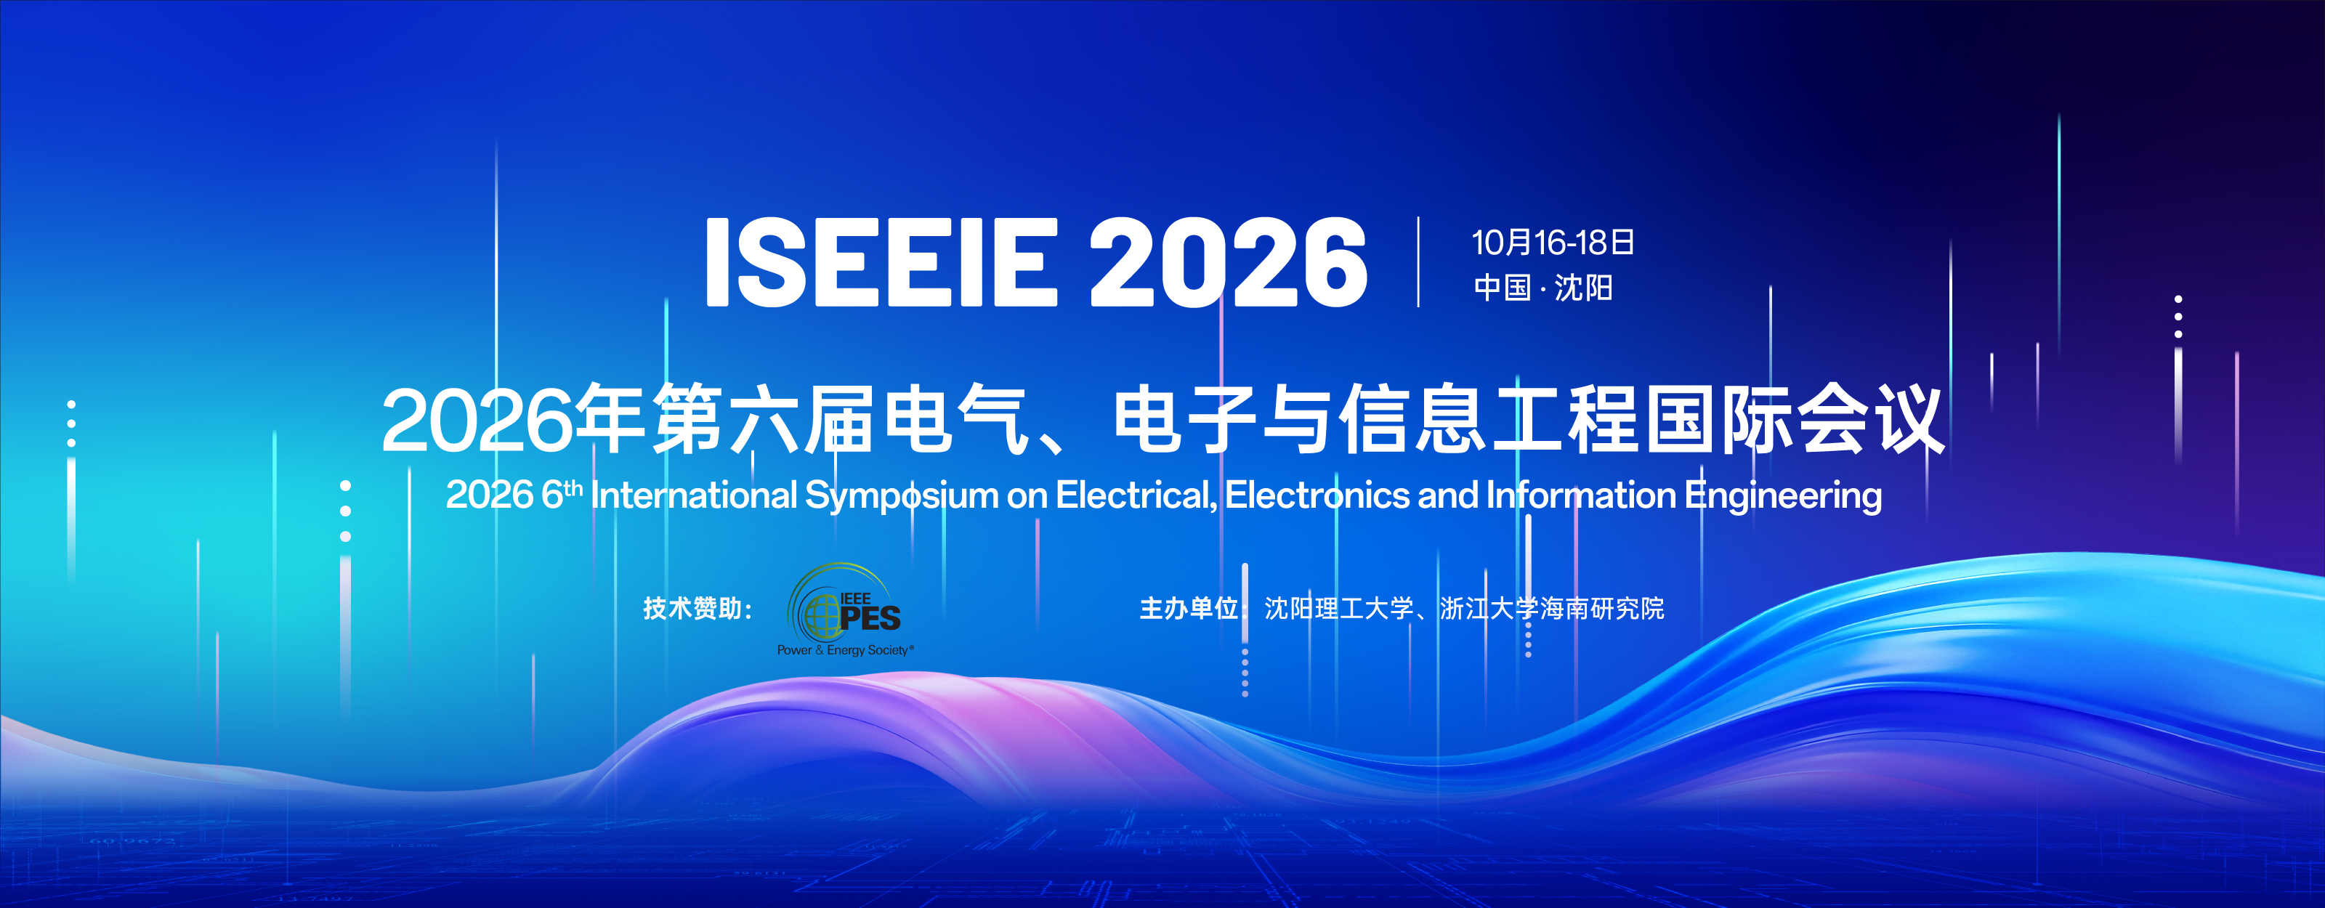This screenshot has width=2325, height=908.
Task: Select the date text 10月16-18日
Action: (1553, 242)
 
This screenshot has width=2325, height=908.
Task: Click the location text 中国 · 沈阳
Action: (1543, 288)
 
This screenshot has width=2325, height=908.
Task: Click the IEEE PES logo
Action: (845, 609)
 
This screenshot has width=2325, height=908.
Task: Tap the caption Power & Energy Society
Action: (845, 650)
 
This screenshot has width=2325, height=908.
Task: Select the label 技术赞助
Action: (693, 608)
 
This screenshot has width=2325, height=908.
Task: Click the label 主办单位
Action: (1189, 608)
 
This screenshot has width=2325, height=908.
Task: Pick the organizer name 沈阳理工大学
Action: (1338, 608)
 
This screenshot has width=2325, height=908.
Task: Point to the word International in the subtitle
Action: (694, 495)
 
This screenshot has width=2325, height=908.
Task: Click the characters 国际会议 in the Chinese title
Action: (1795, 420)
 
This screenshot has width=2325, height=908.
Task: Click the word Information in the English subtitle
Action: (1580, 495)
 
